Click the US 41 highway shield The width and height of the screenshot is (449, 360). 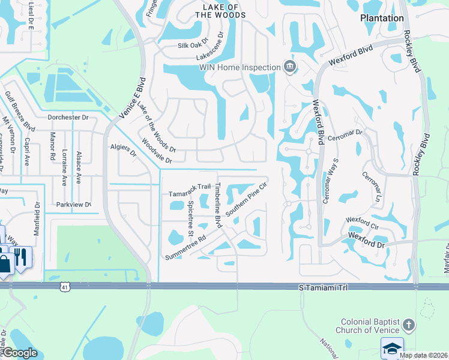click(64, 288)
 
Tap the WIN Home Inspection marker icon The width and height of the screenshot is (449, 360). click(290, 67)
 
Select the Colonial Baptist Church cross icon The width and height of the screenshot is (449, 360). click(408, 326)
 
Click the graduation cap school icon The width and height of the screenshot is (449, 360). click(392, 349)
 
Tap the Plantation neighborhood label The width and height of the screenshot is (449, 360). click(382, 18)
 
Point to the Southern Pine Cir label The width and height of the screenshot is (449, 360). click(246, 200)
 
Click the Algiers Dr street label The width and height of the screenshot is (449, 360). click(124, 150)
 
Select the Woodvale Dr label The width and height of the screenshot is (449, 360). click(157, 152)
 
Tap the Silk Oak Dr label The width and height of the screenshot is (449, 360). click(192, 45)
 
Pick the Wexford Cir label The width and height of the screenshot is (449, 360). click(363, 223)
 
